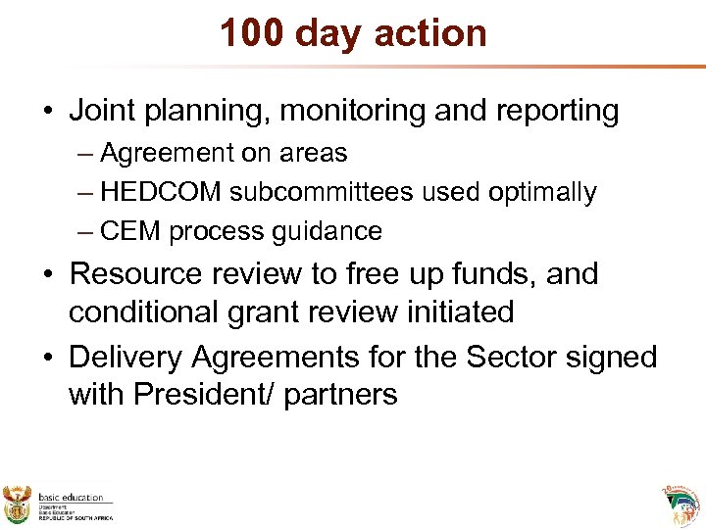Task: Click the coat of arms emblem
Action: coord(18,504)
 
